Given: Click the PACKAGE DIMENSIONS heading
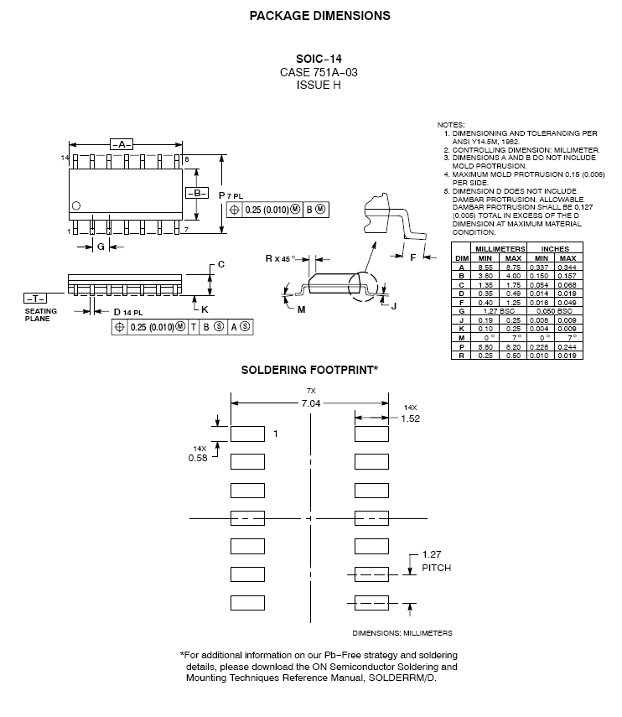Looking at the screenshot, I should [319, 15].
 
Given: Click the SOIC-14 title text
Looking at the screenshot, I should [319, 59].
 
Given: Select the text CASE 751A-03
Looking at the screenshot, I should [319, 72].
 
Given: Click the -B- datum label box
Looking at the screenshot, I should [197, 193].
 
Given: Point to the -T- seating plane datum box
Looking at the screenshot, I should [35, 298].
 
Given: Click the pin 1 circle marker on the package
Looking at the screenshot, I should [76, 205].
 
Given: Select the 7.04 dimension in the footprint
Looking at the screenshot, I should [311, 404].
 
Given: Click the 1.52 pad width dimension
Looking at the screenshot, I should [410, 418].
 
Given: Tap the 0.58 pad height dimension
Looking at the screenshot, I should [198, 458].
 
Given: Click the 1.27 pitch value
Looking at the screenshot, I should [431, 554].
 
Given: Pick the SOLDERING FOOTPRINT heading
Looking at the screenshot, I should [310, 369].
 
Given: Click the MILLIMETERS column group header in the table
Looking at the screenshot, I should [500, 249].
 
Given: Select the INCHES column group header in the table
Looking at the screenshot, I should [555, 249].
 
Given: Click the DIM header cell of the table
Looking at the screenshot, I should [461, 257].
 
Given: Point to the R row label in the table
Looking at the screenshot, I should [461, 356].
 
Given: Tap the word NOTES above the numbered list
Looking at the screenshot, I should [451, 125].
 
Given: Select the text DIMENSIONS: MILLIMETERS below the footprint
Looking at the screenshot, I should [402, 633].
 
